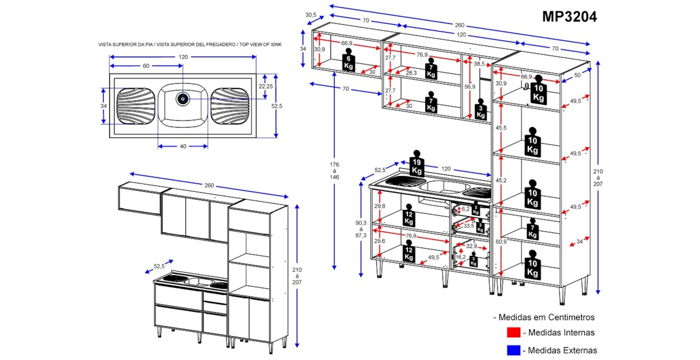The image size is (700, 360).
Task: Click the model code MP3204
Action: tap(569, 16)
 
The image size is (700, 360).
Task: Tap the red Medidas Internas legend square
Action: tap(513, 332)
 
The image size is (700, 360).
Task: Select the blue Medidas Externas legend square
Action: tap(513, 350)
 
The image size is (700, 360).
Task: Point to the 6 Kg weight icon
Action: tap(348, 61)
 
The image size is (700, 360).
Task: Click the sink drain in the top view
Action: tap(183, 99)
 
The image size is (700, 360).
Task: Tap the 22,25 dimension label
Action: tap(266, 86)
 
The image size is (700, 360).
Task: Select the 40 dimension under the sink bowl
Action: tap(183, 146)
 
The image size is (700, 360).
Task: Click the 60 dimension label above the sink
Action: tap(146, 66)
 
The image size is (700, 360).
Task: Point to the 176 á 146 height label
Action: tap(334, 171)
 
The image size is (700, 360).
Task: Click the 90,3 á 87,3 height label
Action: tap(361, 229)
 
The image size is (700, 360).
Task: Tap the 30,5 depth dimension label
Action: tap(310, 15)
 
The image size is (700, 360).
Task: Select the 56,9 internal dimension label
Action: tap(470, 86)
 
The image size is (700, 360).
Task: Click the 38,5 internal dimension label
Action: tap(479, 64)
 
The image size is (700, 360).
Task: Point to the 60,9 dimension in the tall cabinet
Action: tap(501, 242)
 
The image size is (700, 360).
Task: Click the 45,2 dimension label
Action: tap(501, 180)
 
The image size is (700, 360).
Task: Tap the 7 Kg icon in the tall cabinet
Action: tap(532, 230)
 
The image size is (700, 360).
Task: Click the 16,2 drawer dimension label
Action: tap(461, 257)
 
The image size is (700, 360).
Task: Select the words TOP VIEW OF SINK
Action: tap(260, 44)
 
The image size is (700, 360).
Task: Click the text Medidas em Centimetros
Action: tap(546, 317)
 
